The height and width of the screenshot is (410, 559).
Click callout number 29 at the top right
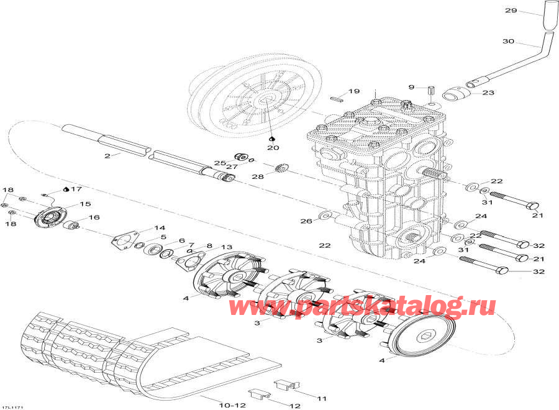coord(511,11)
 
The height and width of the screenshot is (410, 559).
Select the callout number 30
coord(509,42)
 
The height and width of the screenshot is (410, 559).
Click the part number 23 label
coord(488,93)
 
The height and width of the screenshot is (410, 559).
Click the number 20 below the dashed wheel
coord(273,148)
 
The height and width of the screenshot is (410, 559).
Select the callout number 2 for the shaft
coord(107,155)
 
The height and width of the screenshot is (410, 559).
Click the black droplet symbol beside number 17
coord(66,188)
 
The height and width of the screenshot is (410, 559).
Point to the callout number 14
coord(160,228)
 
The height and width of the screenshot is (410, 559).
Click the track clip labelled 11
coord(287,386)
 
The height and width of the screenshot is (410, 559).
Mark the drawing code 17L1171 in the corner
coord(14,406)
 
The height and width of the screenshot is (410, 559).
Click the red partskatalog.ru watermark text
coord(363,306)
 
